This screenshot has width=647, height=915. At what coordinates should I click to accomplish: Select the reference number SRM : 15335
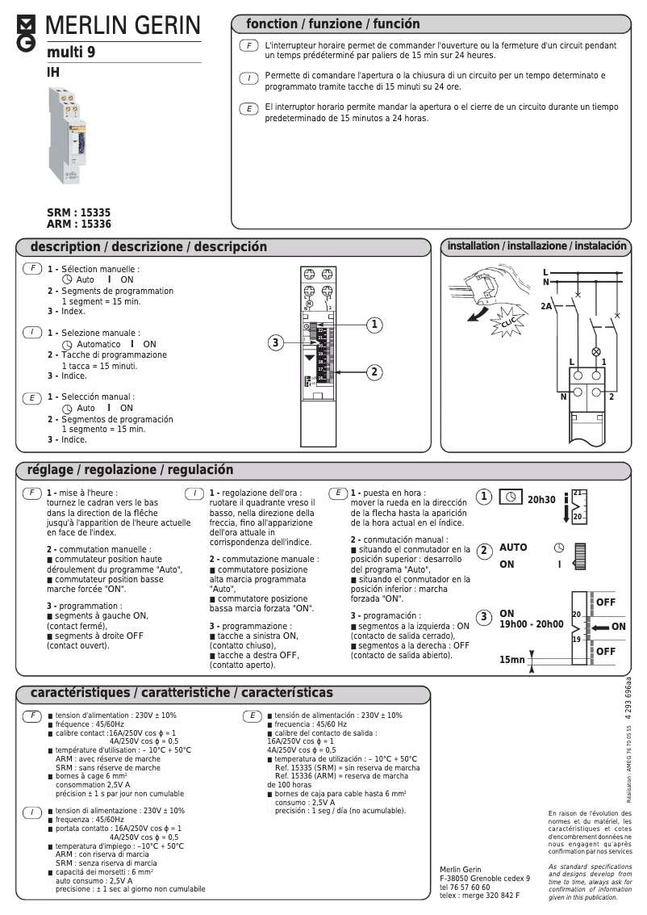pos(79,213)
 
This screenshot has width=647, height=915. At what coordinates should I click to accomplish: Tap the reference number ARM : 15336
pos(79,225)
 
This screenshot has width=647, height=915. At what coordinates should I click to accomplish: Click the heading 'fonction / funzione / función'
pos(332,24)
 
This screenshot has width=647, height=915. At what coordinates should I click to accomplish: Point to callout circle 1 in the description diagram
pos(374,325)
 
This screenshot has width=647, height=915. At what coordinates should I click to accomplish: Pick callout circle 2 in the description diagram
pos(374,371)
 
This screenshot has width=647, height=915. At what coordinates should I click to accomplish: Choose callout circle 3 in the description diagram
pos(276,343)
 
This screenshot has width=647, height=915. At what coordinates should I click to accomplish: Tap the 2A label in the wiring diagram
pos(547,307)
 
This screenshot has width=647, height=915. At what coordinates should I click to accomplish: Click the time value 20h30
pos(541,500)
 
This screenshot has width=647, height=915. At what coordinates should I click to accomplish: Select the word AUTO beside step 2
pos(513,548)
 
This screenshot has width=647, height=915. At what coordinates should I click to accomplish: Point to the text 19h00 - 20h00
pos(531,624)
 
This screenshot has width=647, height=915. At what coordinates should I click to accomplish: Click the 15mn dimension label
pos(511,660)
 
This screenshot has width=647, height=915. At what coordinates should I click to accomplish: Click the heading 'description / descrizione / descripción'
pos(148,247)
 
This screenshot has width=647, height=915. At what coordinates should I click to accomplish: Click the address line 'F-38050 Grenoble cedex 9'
pos(485,878)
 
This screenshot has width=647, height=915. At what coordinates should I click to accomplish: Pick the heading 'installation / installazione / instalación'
pos(536,246)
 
